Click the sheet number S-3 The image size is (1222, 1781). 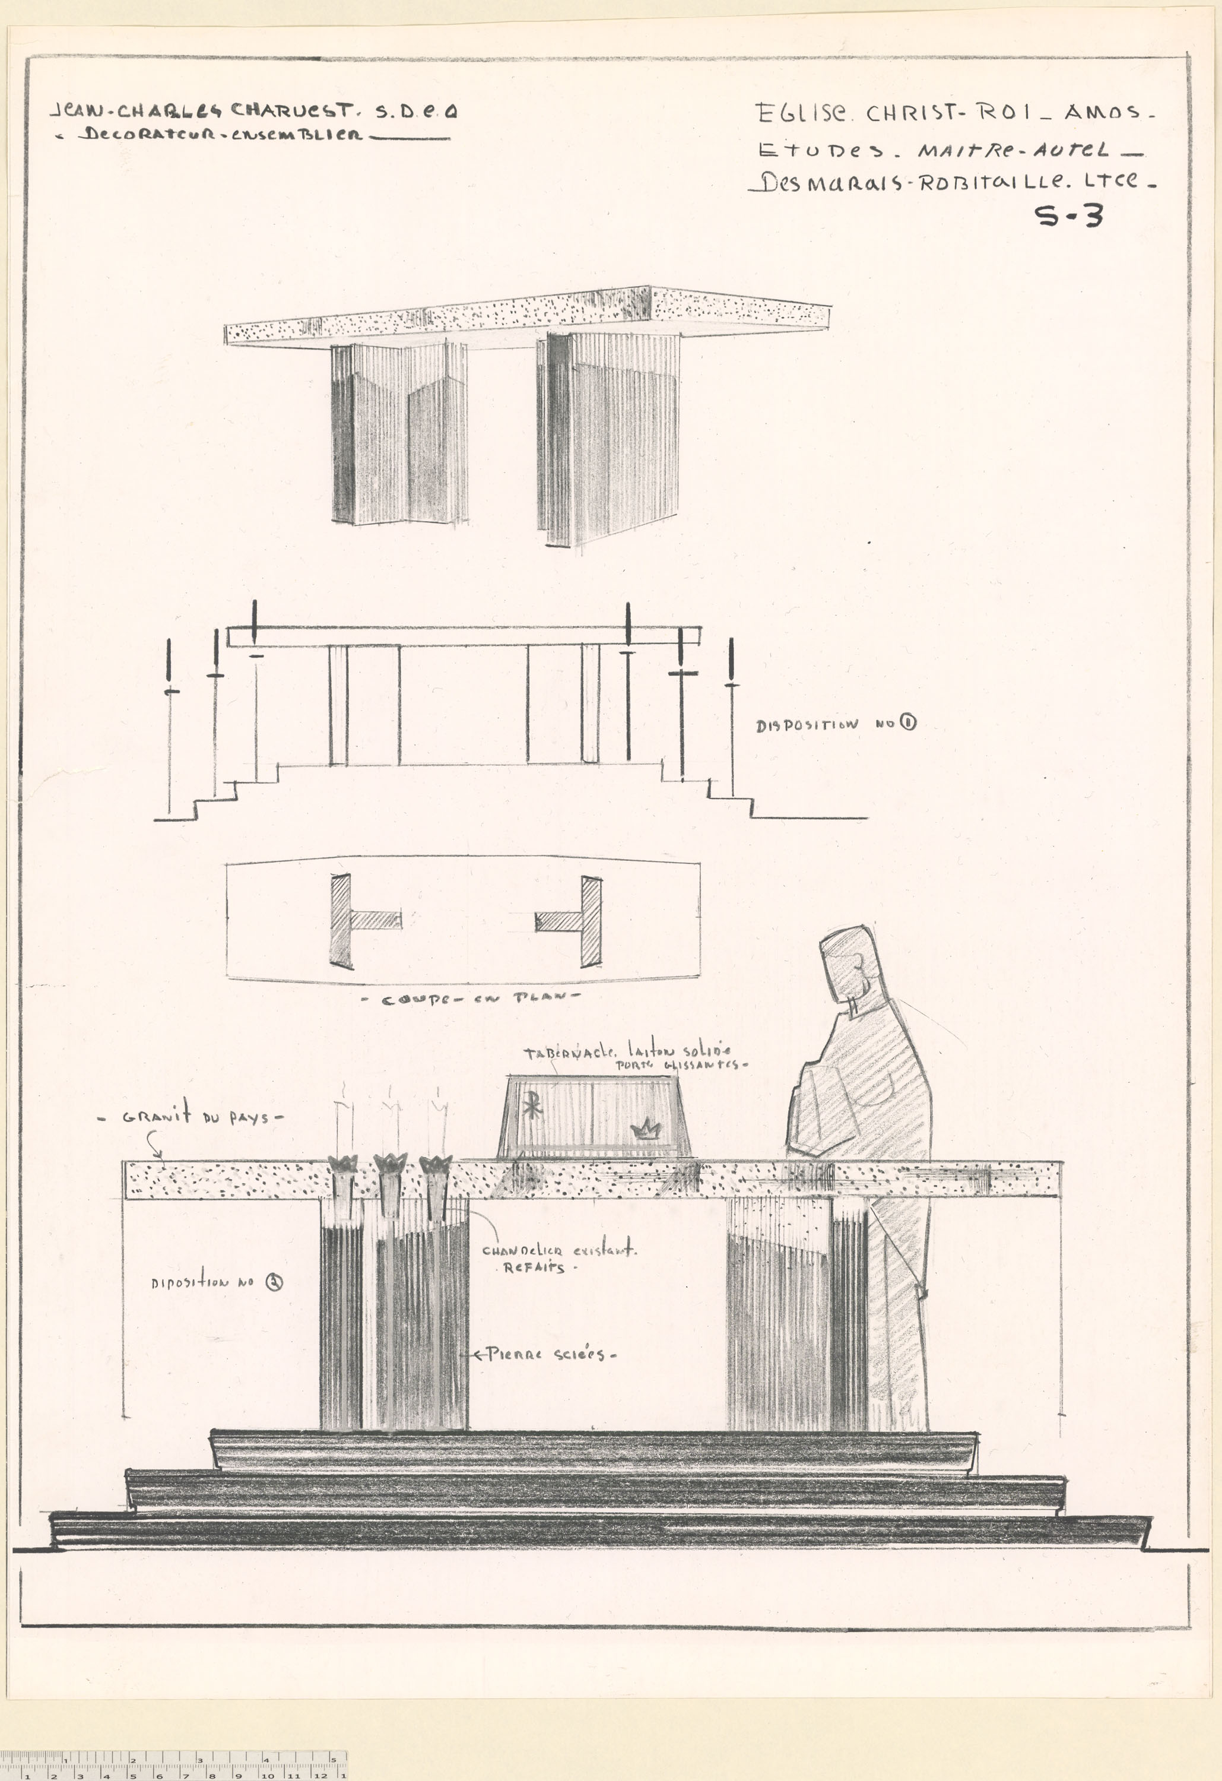pyautogui.click(x=1069, y=217)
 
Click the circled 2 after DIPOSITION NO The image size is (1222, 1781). pyautogui.click(x=274, y=1282)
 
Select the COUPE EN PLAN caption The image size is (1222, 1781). pyautogui.click(x=471, y=999)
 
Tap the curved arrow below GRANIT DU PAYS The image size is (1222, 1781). pyautogui.click(x=153, y=1145)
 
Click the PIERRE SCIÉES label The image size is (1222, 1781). pyautogui.click(x=545, y=1354)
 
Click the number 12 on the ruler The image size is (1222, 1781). pyautogui.click(x=320, y=1775)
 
